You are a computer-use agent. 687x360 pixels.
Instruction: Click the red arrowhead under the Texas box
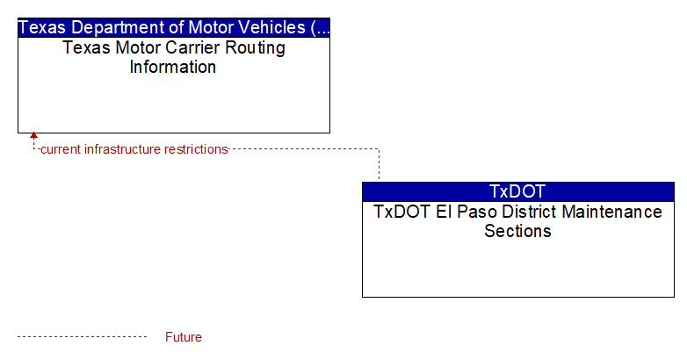point(33,136)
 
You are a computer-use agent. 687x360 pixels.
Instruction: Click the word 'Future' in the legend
point(183,337)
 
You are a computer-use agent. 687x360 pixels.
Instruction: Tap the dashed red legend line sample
point(82,337)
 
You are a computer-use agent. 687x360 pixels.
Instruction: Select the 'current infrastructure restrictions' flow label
point(134,149)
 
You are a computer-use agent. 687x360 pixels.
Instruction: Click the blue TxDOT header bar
point(517,191)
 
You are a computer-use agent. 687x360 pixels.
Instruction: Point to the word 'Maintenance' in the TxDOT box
point(611,212)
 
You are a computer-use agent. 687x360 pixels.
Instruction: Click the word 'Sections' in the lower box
point(517,231)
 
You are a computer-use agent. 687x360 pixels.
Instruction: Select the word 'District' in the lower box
point(530,212)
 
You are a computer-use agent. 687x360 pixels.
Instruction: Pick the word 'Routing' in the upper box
point(256,48)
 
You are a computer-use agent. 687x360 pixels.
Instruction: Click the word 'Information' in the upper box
point(172,68)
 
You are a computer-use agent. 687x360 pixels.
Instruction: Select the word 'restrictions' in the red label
point(196,149)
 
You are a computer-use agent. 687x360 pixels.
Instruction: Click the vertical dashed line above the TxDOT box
point(379,164)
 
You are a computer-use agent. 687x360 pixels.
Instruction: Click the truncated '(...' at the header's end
point(320,28)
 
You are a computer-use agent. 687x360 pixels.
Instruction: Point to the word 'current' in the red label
point(61,149)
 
